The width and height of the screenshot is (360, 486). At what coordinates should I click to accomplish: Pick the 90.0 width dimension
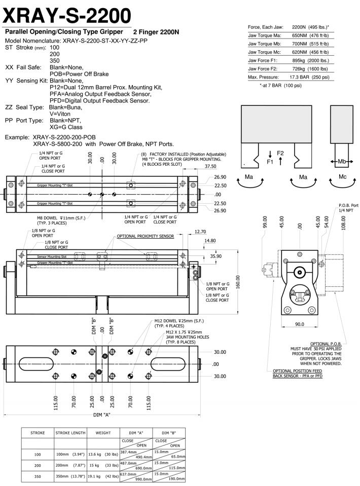point(299,325)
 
